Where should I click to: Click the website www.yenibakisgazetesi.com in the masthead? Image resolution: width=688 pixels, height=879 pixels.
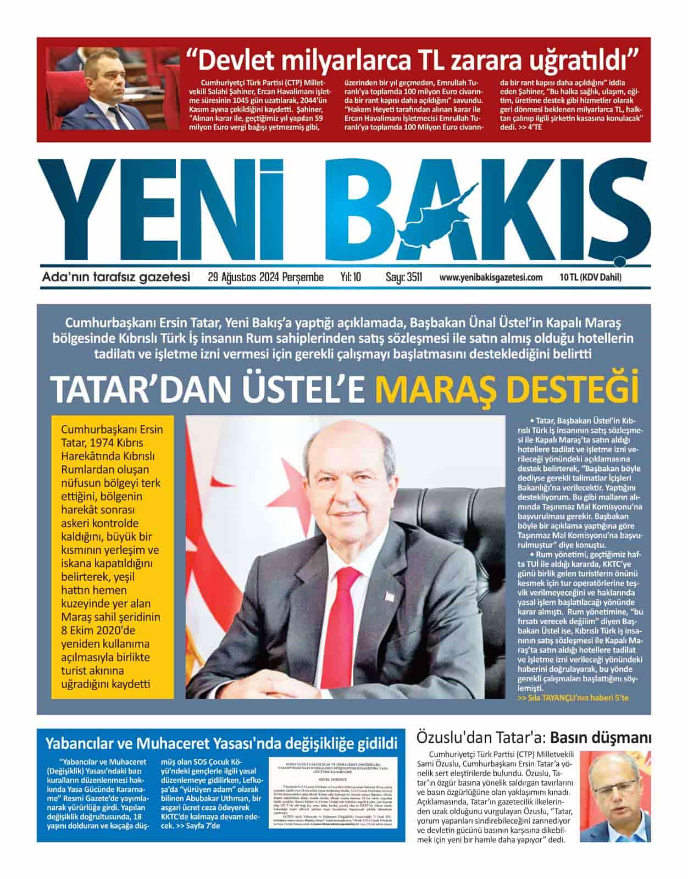point(491,277)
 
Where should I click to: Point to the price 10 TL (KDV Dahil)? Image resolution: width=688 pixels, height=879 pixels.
point(591,277)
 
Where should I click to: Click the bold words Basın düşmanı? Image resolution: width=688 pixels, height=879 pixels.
point(601,737)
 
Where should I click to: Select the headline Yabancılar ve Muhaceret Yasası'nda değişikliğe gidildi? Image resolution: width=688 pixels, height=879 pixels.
point(221,744)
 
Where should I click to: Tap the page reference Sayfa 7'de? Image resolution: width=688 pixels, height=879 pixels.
point(198,826)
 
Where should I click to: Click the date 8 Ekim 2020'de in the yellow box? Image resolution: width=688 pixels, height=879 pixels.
point(98,630)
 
